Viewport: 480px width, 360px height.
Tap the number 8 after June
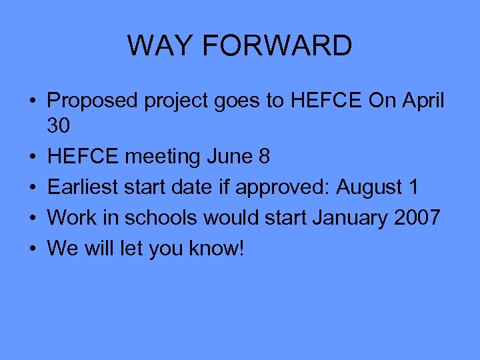(x=264, y=156)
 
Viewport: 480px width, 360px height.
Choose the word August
(x=369, y=188)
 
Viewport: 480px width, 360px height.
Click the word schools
(x=160, y=217)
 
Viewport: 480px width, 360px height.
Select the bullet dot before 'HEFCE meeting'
(x=32, y=157)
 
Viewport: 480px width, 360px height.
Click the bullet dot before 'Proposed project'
(x=32, y=101)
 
